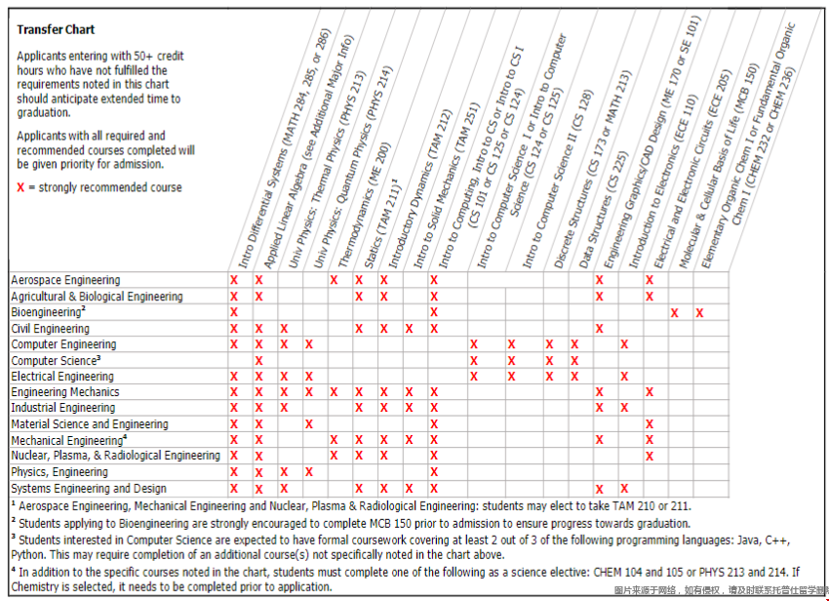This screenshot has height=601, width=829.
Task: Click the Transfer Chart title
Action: tap(56, 30)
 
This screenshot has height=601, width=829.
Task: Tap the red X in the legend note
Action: tap(21, 187)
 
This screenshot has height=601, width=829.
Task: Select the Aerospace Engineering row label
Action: tap(65, 280)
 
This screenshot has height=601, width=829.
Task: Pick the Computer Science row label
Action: tap(53, 360)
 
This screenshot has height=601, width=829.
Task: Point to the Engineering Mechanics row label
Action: tap(64, 392)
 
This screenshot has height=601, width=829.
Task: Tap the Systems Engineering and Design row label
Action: tap(88, 488)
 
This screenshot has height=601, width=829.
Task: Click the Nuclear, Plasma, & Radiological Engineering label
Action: tap(115, 456)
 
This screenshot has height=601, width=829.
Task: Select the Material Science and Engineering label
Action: tap(89, 424)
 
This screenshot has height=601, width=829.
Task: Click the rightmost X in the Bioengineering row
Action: tap(699, 312)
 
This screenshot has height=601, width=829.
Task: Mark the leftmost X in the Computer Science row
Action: tap(258, 360)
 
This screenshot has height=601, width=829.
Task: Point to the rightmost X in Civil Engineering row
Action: tap(599, 328)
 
